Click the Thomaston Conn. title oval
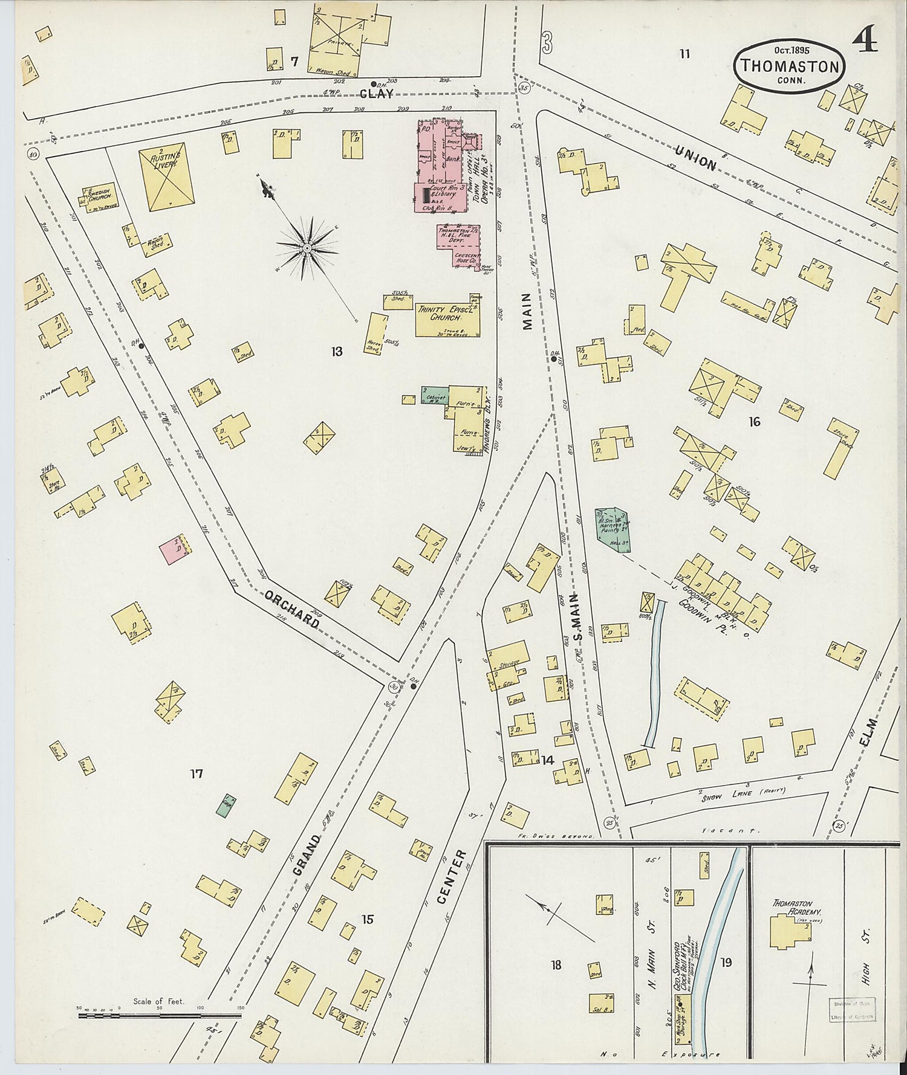click(x=789, y=66)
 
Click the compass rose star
click(x=307, y=248)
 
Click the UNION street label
click(x=695, y=155)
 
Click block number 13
click(x=337, y=351)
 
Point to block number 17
click(x=196, y=773)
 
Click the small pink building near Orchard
click(x=172, y=550)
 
